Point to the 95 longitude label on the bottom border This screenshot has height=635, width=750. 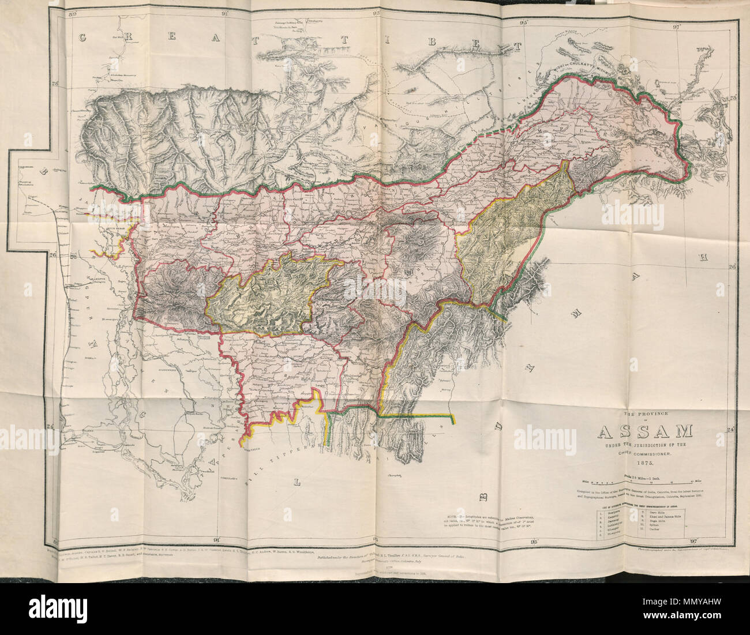click(x=534, y=542)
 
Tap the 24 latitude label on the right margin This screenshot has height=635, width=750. click(x=731, y=429)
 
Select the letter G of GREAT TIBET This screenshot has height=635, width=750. click(x=82, y=38)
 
